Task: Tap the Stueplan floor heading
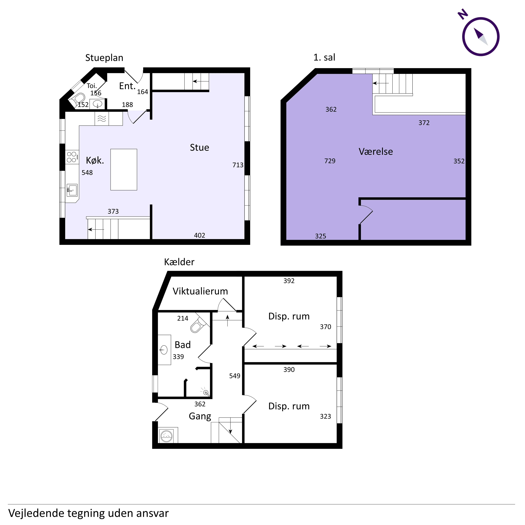tap(104, 58)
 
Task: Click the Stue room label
tap(199, 148)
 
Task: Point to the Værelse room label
tap(376, 152)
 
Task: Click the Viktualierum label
tap(200, 291)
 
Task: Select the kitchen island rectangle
tap(124, 170)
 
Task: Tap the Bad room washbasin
tap(164, 350)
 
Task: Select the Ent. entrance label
tap(127, 86)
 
